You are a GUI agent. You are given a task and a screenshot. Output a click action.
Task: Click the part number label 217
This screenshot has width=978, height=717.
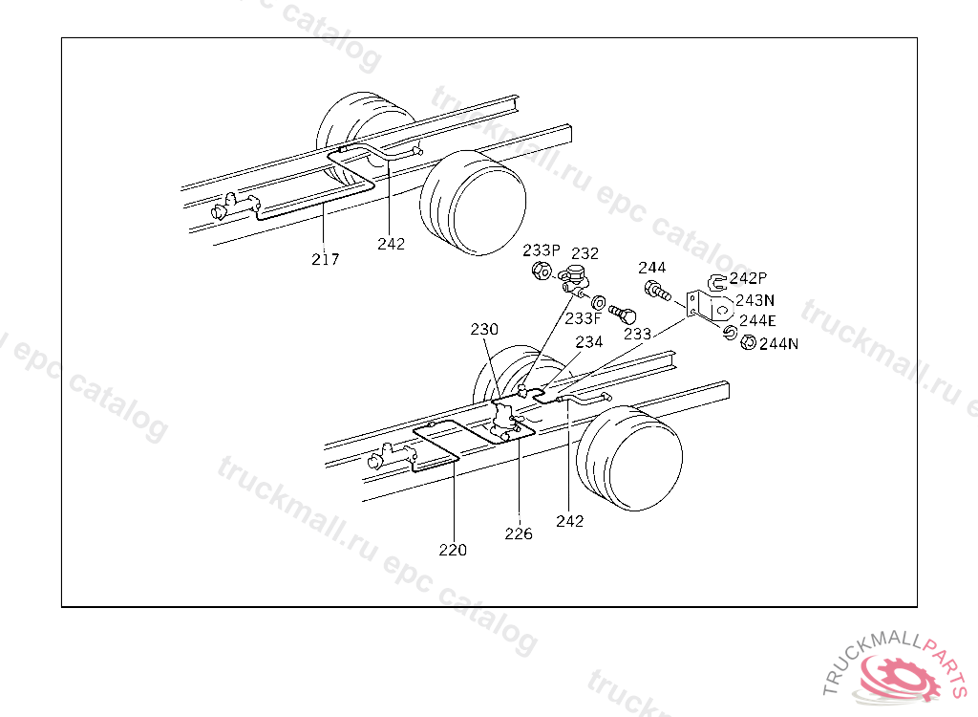[x=325, y=258]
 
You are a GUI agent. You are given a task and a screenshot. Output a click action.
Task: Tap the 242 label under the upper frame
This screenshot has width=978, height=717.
[x=391, y=244]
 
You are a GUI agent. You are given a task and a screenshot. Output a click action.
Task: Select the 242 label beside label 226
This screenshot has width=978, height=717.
[x=569, y=521]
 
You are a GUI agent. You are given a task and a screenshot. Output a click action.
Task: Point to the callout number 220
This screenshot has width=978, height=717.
[x=453, y=550]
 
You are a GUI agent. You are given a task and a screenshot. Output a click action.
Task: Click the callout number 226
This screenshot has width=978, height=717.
[x=519, y=533]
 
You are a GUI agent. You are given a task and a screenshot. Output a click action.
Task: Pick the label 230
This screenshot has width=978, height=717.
[x=484, y=329]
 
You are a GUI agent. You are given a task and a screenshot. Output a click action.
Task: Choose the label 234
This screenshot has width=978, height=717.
[x=588, y=341]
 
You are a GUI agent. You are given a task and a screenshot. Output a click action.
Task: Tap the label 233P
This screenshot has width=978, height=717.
[x=541, y=250]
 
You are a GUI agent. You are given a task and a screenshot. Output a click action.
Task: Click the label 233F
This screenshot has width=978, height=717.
[x=583, y=318]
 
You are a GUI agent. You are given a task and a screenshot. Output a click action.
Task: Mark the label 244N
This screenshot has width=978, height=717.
[x=778, y=344]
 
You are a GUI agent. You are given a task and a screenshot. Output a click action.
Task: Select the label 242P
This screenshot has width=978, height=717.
[x=748, y=278]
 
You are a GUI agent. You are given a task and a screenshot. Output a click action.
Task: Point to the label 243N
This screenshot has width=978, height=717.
[x=755, y=299]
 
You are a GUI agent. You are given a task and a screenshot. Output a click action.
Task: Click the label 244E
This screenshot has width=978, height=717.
[x=757, y=320]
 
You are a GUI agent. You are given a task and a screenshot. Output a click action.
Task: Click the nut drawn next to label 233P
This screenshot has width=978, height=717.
[x=540, y=272]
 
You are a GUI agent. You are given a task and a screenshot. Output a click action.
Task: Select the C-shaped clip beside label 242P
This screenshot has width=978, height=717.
[x=716, y=280]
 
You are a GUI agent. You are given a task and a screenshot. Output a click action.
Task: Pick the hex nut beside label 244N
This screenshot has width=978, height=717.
[x=749, y=342]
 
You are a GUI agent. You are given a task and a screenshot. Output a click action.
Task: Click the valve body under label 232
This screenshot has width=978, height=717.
[x=576, y=281]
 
